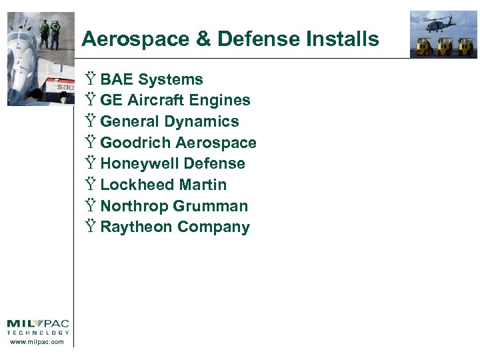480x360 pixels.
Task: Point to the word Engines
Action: click(x=220, y=101)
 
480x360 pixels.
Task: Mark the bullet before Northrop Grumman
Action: click(x=91, y=207)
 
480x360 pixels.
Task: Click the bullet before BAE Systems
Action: click(x=91, y=80)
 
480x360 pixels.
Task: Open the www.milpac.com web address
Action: click(x=37, y=342)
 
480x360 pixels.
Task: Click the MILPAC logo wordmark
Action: click(x=37, y=325)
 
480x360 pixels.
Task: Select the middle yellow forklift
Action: click(x=445, y=46)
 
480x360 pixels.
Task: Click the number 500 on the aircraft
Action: click(x=65, y=87)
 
